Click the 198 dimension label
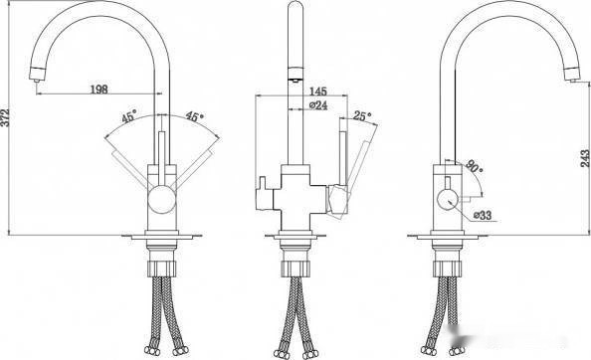click(99, 90)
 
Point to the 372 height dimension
click(5, 118)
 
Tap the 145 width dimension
click(318, 91)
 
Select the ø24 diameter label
click(318, 105)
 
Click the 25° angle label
click(362, 115)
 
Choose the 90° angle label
click(474, 166)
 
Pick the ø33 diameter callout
click(483, 216)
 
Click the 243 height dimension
click(585, 158)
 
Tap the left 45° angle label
click(129, 116)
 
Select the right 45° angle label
click(194, 116)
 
